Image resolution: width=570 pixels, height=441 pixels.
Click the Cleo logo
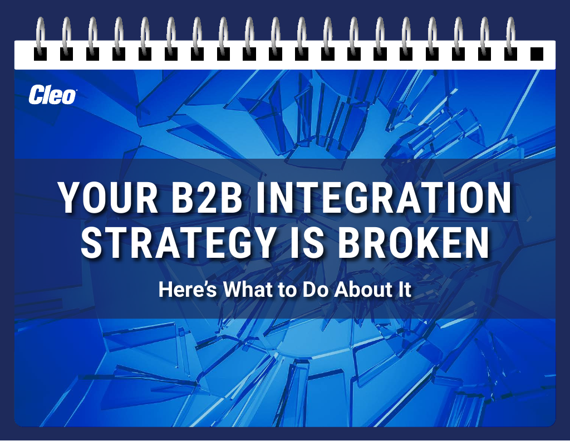coord(52,95)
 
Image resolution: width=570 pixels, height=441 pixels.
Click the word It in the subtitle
coord(405,290)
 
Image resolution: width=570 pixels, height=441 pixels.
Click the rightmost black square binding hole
coord(537,53)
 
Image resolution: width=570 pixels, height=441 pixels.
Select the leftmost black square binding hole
coord(40,53)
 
